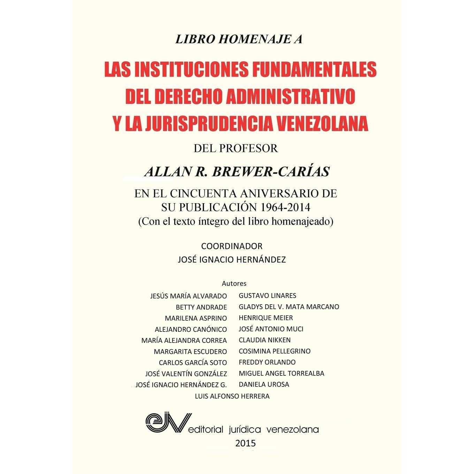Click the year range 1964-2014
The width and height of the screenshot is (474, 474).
(284, 207)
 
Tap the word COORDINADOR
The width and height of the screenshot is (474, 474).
(232, 246)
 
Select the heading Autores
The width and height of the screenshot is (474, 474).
(234, 283)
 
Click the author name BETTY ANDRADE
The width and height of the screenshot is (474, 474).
(201, 307)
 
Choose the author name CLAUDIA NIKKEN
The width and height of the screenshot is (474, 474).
(265, 340)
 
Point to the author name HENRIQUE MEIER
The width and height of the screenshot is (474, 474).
(266, 318)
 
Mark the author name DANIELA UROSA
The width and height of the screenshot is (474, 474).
(264, 384)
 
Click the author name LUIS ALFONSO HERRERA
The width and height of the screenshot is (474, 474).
(232, 396)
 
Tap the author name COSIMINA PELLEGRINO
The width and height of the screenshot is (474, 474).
(274, 351)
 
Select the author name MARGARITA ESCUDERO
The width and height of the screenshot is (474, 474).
(190, 352)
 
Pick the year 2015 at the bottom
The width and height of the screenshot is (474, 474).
(246, 443)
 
